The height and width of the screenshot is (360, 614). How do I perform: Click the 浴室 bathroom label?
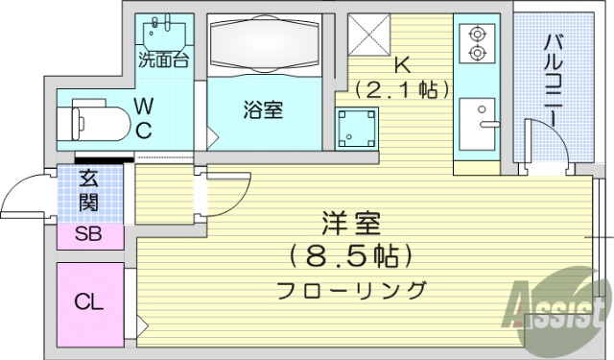click(x=262, y=110)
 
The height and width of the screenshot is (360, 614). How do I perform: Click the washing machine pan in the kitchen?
click(x=356, y=128)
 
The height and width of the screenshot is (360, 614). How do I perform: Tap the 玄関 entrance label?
click(x=88, y=189)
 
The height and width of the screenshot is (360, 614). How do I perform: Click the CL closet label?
click(x=89, y=303)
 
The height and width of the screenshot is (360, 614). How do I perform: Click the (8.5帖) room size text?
click(x=351, y=256)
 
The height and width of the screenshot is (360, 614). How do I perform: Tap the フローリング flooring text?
click(x=351, y=288)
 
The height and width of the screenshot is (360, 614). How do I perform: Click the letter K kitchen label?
click(x=403, y=65)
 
